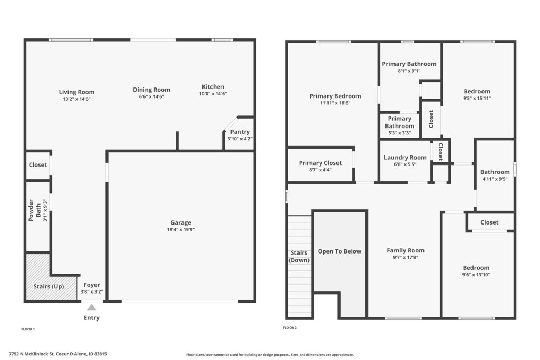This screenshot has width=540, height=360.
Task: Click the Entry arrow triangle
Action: click(92, 307)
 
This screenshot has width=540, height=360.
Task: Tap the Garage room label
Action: click(181, 222)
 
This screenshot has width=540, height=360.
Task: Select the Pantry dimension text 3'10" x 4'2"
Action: click(240, 139)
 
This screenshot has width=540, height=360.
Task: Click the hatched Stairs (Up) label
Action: click(49, 286)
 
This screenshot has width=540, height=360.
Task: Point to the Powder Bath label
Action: click(34, 210)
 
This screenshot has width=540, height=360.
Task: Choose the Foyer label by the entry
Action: click(92, 285)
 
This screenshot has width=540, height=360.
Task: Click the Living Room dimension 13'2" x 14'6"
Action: click(76, 99)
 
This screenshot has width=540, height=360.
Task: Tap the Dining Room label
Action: click(151, 90)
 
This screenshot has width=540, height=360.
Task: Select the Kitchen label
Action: click(213, 87)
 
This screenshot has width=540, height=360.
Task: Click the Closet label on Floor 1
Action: click(38, 165)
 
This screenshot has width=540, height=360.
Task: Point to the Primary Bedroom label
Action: click(335, 96)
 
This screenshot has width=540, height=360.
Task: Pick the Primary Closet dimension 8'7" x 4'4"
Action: click(320, 170)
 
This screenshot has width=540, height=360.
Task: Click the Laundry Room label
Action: click(405, 157)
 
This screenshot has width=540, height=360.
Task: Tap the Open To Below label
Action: click(340, 251)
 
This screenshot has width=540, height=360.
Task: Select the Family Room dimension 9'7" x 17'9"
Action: click(406, 257)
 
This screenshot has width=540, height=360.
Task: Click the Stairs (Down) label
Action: click(299, 256)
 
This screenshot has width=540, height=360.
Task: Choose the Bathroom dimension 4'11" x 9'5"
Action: click(495, 179)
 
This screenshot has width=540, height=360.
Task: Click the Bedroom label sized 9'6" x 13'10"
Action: click(476, 268)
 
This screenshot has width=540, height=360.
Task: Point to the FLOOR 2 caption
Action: click(290, 328)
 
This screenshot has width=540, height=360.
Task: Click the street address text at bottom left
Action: click(58, 354)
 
